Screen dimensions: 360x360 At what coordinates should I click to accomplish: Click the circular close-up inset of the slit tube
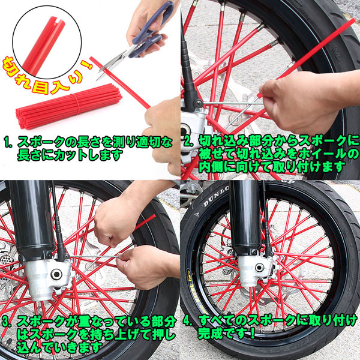click(x=47, y=42)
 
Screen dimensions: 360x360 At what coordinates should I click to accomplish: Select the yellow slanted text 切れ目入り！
click(x=47, y=74)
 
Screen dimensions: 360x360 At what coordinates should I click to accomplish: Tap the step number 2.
click(x=188, y=142)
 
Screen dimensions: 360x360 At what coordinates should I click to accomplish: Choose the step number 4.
click(x=188, y=321)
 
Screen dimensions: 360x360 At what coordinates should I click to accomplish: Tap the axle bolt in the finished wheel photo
click(x=259, y=268)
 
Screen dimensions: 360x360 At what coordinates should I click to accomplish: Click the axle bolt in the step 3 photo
click(x=56, y=274)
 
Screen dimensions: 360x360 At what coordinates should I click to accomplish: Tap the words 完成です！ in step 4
click(x=226, y=334)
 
